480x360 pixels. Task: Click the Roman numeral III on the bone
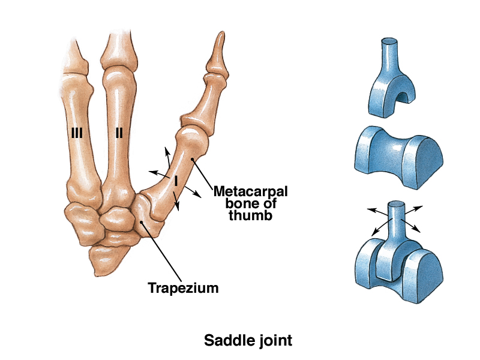coord(76,133)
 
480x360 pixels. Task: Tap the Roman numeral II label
coord(119,133)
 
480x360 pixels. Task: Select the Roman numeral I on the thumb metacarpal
coord(176,179)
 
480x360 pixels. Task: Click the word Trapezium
coord(183,288)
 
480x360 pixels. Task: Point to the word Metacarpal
coord(251,192)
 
